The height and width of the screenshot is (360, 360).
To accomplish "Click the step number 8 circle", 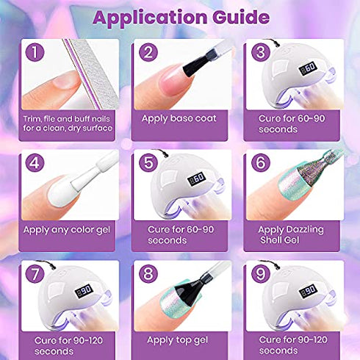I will click(x=148, y=275).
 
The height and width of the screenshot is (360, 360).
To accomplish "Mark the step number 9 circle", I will click(x=259, y=275).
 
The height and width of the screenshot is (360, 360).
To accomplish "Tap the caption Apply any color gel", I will click(x=66, y=229).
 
